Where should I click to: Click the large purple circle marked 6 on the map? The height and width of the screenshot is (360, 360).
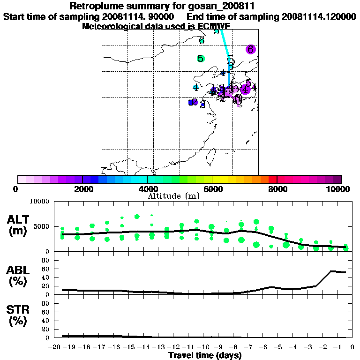[250, 49]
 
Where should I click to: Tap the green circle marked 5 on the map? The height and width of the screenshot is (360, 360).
[201, 59]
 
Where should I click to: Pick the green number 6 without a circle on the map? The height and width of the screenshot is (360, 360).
[202, 41]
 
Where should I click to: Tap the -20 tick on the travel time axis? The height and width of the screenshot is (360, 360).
[55, 347]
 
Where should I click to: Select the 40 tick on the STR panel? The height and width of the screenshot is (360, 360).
[46, 320]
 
